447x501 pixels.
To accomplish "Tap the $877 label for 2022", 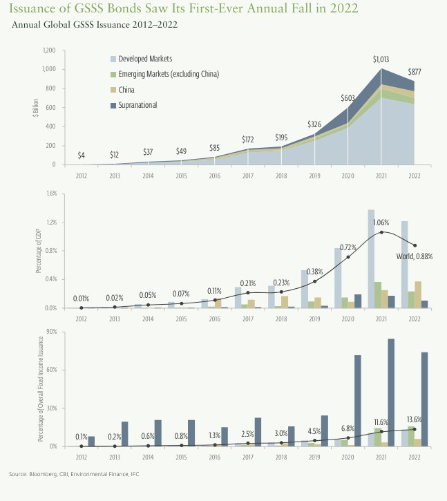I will [x=416, y=71].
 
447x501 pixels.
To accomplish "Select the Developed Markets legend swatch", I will [x=113, y=59].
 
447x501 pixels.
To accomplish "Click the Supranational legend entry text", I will [x=138, y=105].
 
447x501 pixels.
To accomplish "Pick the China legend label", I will [x=126, y=90].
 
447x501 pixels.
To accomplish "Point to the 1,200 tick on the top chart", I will [x=49, y=50].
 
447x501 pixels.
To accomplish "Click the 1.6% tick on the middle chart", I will [x=51, y=193].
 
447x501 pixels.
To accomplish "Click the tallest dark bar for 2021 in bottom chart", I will [x=391, y=393].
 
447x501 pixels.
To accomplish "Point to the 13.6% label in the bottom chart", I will [x=414, y=419].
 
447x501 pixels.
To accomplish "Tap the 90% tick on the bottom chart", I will [x=50, y=332].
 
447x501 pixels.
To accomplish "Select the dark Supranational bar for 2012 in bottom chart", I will [x=91, y=441].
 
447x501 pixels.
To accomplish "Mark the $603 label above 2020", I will [x=349, y=97].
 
